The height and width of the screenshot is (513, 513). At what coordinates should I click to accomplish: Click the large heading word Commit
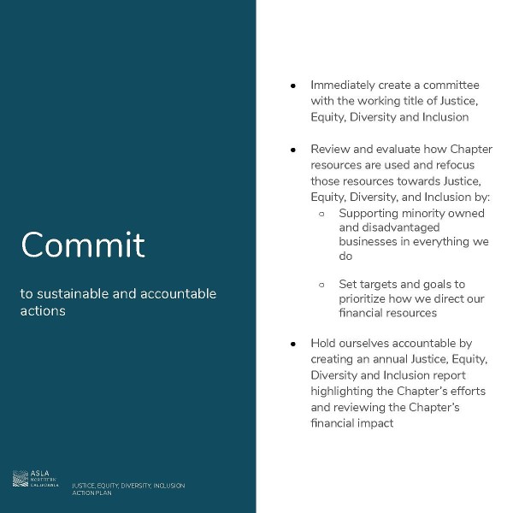pyautogui.click(x=83, y=245)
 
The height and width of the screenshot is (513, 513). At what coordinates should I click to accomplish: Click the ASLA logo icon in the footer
pyautogui.click(x=21, y=479)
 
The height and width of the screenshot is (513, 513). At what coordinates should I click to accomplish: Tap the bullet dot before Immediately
pyautogui.click(x=292, y=85)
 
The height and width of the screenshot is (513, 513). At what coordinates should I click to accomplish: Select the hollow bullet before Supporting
pyautogui.click(x=321, y=213)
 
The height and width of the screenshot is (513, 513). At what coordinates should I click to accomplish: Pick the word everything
pyautogui.click(x=429, y=241)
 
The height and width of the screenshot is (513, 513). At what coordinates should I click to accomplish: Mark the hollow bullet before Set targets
pyautogui.click(x=321, y=284)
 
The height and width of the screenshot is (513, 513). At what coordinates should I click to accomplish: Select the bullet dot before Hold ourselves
pyautogui.click(x=292, y=344)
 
